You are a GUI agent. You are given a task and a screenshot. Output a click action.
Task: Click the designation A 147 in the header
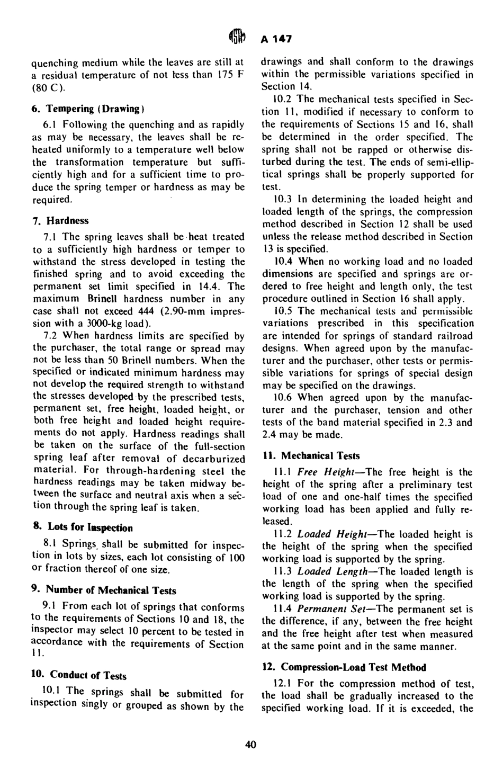[277, 39]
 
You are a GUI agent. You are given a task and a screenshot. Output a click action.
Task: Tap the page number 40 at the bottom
[251, 745]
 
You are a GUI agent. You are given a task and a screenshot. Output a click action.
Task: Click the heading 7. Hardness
[60, 221]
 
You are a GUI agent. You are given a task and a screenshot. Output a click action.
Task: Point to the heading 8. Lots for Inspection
[82, 527]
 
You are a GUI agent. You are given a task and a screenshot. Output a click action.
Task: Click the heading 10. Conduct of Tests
[78, 676]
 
